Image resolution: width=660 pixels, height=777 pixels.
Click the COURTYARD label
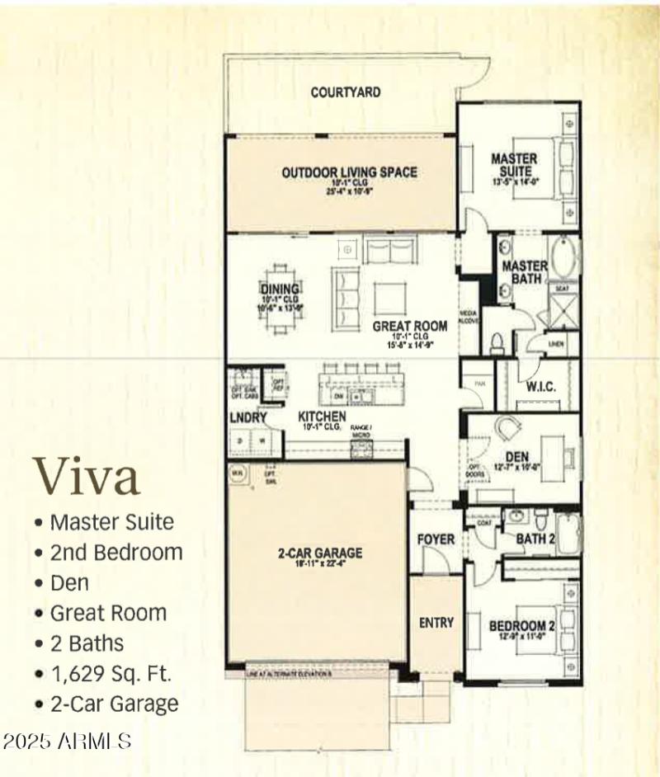[x=346, y=92]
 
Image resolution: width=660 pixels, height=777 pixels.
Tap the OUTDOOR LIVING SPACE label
[x=349, y=172]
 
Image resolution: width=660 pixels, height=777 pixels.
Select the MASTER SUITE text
[x=514, y=164]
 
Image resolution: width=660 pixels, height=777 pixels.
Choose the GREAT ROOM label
[x=410, y=326]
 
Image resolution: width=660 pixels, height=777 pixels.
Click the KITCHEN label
[x=322, y=417]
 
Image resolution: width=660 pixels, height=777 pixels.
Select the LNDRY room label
[x=248, y=418]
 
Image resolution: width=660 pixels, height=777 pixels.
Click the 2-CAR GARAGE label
[x=319, y=553]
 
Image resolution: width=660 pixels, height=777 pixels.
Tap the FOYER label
[x=436, y=539]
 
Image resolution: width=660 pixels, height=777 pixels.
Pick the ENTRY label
[x=436, y=622]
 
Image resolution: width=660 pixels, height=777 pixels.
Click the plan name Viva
[x=87, y=477]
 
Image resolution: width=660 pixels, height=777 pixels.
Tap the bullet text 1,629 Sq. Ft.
[x=111, y=673]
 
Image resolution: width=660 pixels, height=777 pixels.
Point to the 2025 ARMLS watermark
[x=67, y=741]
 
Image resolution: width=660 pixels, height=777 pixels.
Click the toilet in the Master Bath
[x=497, y=341]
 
